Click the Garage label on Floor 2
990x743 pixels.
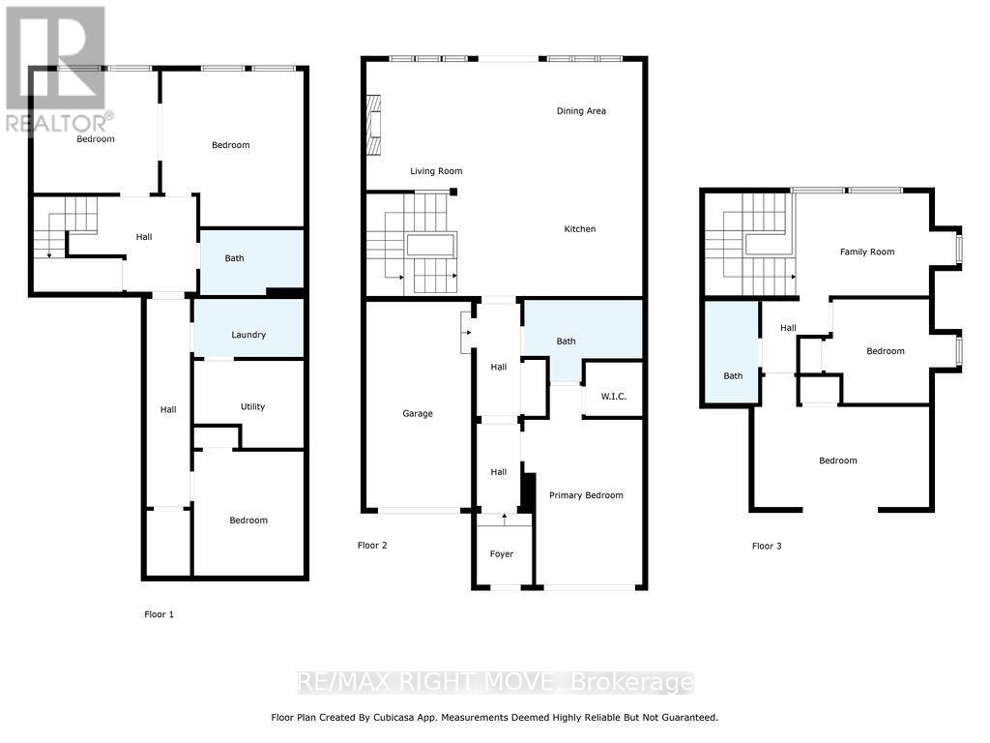click(x=418, y=413)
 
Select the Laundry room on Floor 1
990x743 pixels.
click(x=248, y=335)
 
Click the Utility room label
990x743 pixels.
click(x=253, y=407)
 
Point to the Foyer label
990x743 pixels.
click(x=502, y=554)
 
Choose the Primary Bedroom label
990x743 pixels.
click(x=586, y=495)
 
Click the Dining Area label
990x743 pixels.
click(x=581, y=111)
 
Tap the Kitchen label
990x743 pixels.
click(x=580, y=229)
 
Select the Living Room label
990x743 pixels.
click(x=436, y=171)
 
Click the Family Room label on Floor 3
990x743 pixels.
click(x=866, y=252)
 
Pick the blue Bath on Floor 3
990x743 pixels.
click(x=733, y=375)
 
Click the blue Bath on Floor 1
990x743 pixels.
click(x=235, y=258)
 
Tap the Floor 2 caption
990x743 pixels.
click(x=372, y=546)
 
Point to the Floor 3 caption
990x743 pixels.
click(x=767, y=547)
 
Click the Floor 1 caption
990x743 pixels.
click(x=160, y=614)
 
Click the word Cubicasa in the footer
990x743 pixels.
click(x=397, y=718)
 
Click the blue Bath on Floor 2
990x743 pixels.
click(x=566, y=341)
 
